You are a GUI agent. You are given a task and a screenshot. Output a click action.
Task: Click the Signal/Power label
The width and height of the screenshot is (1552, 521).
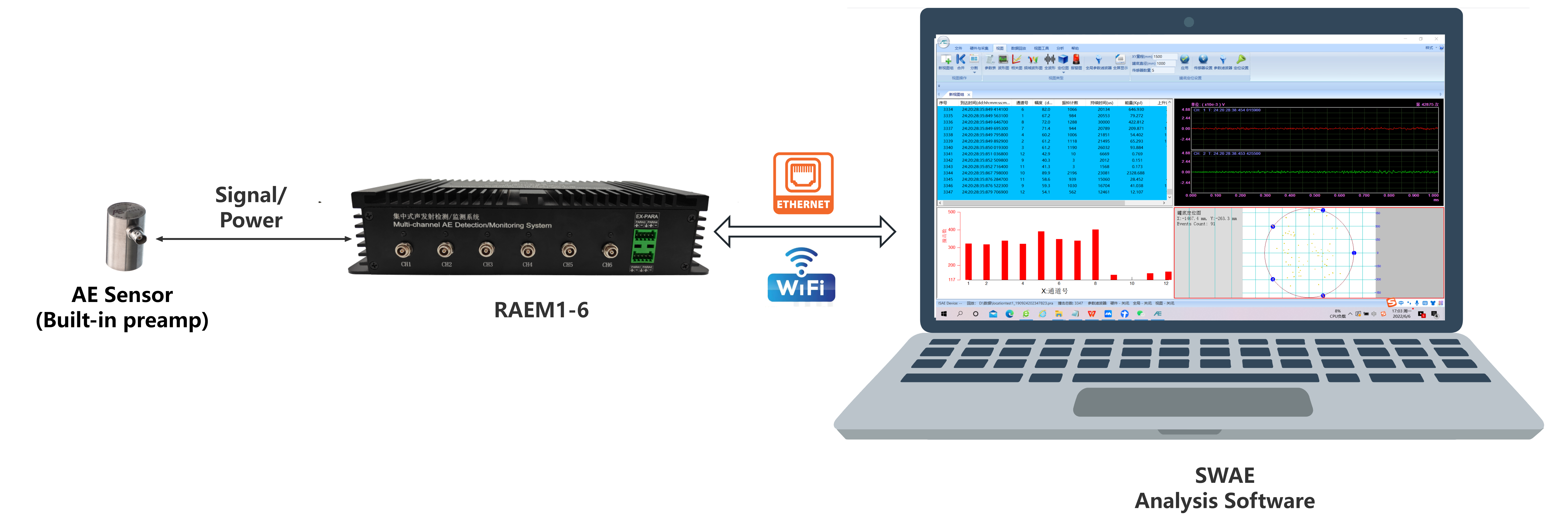(x=251, y=207)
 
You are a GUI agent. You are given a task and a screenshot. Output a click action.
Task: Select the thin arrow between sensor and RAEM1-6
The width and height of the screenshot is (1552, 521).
(x=253, y=239)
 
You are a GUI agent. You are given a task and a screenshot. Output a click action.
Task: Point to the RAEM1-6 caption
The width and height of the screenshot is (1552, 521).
(x=541, y=310)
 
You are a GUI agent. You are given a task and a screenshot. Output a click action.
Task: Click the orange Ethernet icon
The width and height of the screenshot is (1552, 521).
(x=803, y=183)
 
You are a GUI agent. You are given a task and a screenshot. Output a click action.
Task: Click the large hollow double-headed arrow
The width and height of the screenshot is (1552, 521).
(x=804, y=231)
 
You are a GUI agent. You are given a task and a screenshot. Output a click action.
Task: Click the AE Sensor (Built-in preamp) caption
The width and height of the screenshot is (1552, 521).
(x=122, y=307)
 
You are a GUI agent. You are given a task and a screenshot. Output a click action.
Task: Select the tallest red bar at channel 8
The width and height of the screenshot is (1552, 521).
(x=1095, y=254)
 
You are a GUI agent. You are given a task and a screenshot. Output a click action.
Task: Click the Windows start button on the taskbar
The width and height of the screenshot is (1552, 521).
(x=944, y=314)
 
